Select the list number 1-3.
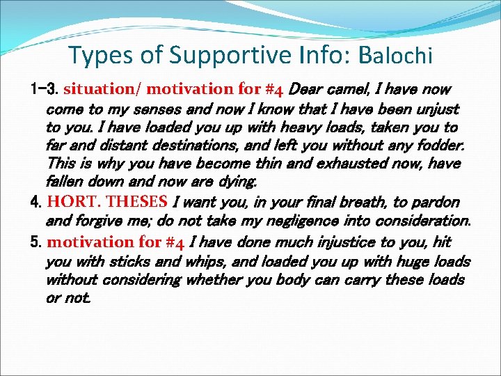(45, 90)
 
